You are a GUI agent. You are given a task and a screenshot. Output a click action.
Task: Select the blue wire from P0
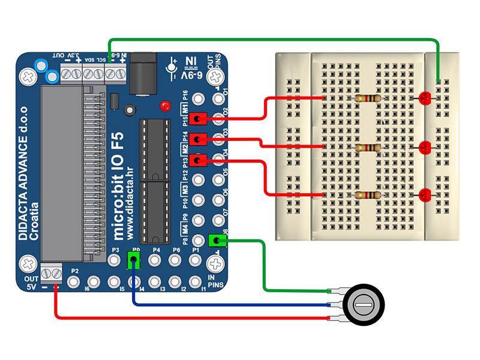pos(228,304)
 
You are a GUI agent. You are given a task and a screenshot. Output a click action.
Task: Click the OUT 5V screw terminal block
pos(50,274)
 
